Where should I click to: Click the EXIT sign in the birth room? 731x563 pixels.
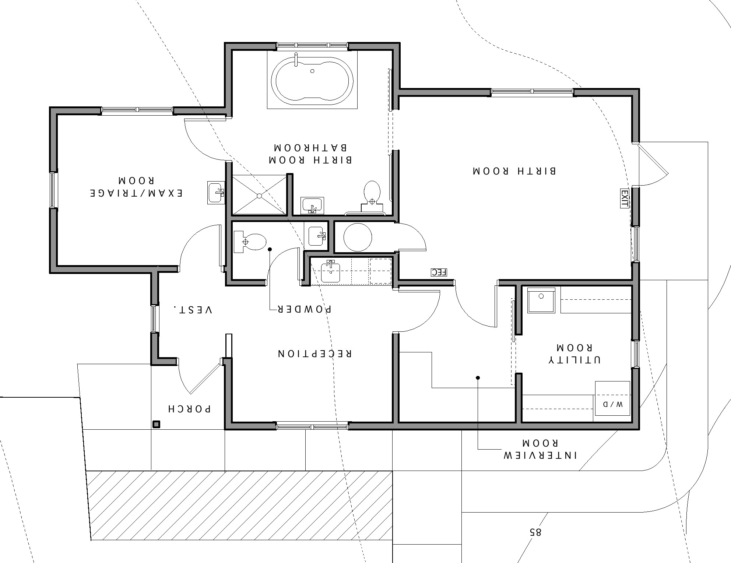[624, 198]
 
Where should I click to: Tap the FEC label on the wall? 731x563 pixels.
[439, 272]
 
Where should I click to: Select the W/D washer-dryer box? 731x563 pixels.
[612, 398]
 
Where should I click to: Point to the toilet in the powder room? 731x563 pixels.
[250, 242]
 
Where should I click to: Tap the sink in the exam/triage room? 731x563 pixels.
[216, 192]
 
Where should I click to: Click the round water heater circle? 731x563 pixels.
[358, 237]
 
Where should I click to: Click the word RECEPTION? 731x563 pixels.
[314, 353]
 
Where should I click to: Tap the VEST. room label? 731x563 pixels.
[193, 309]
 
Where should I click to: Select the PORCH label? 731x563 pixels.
[189, 409]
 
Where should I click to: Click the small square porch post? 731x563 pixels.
[157, 425]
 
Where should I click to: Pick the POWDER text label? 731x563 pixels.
[304, 309]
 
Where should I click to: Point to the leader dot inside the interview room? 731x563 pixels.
[478, 378]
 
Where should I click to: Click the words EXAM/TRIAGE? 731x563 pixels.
[136, 193]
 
